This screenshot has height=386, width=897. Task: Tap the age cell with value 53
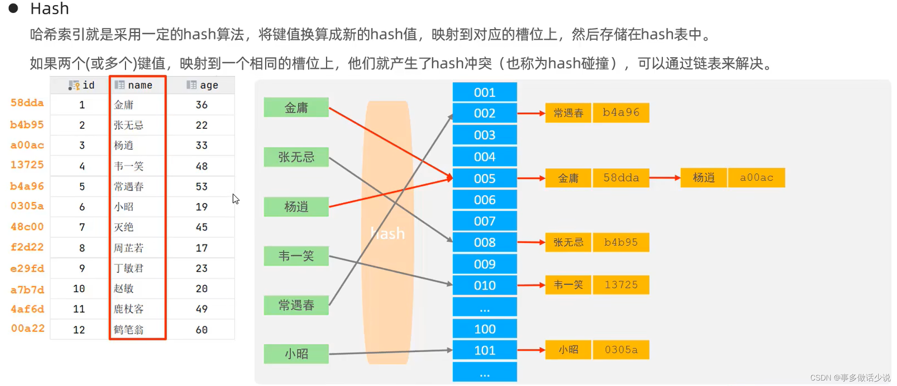pyautogui.click(x=202, y=186)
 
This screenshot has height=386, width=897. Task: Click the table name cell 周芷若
pyautogui.click(x=129, y=248)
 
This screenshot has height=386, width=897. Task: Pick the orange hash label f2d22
pyautogui.click(x=27, y=247)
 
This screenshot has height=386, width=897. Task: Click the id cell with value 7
pyautogui.click(x=82, y=227)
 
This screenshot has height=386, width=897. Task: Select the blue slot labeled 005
pyautogui.click(x=485, y=178)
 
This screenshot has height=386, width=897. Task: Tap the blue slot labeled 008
pyautogui.click(x=485, y=242)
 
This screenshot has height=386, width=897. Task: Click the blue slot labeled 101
pyautogui.click(x=485, y=350)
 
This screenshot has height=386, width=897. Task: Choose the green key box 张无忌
pyautogui.click(x=296, y=157)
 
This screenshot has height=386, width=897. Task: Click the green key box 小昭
pyautogui.click(x=296, y=354)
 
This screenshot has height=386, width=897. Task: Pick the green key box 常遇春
pyautogui.click(x=296, y=305)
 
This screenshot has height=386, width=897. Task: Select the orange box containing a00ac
pyautogui.click(x=756, y=177)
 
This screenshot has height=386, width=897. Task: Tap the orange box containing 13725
pyautogui.click(x=620, y=285)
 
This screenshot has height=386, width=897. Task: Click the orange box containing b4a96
pyautogui.click(x=620, y=112)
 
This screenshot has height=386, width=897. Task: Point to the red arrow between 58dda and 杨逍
pyautogui.click(x=665, y=177)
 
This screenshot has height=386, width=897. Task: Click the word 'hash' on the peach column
pyautogui.click(x=388, y=233)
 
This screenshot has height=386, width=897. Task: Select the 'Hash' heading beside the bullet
pyautogui.click(x=49, y=8)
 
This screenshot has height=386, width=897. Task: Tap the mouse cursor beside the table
pyautogui.click(x=235, y=198)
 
